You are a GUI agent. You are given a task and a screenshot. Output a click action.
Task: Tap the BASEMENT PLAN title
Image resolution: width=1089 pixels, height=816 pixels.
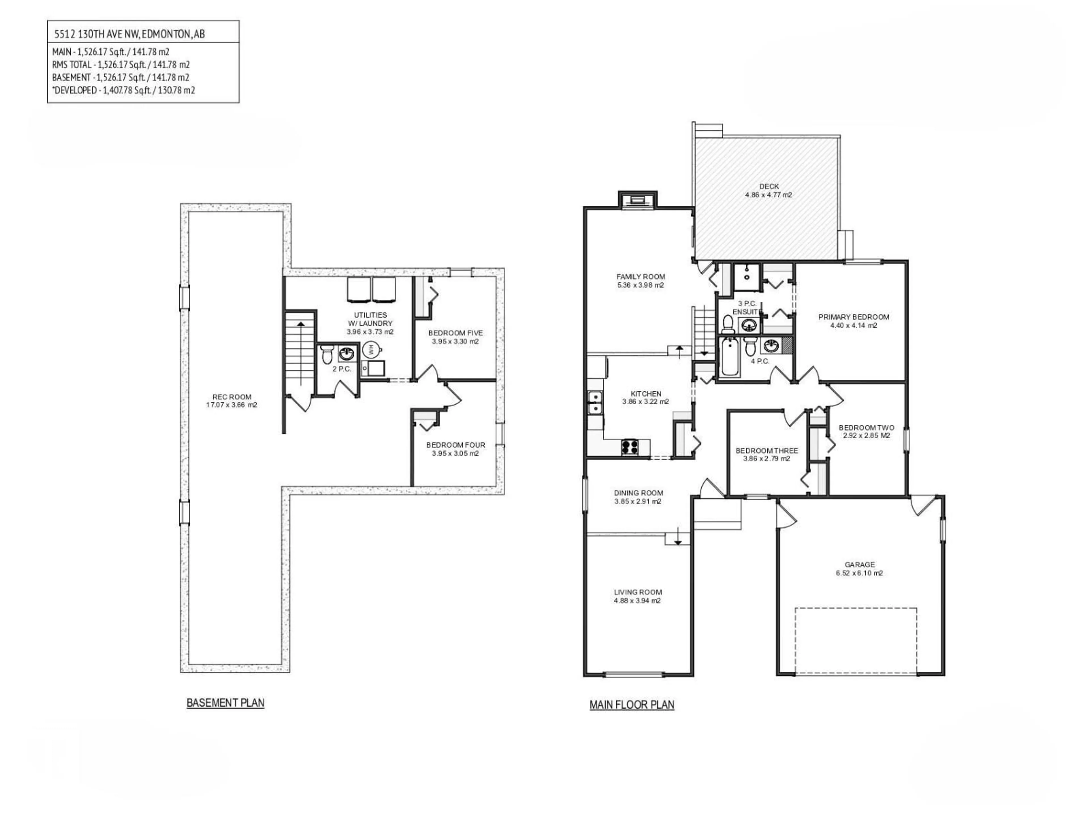click(x=225, y=703)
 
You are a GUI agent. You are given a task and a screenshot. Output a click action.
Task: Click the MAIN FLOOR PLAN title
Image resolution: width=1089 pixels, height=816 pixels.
click(x=632, y=705)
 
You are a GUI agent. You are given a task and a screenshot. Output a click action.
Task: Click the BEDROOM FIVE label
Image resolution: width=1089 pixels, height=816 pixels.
click(x=455, y=333)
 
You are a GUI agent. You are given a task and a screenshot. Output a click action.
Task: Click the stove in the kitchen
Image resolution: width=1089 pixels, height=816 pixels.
click(x=630, y=447)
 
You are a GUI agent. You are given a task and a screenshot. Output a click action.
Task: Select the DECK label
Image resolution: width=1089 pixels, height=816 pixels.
click(x=769, y=186)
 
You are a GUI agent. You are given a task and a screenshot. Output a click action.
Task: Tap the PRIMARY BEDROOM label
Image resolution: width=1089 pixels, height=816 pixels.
click(x=854, y=317)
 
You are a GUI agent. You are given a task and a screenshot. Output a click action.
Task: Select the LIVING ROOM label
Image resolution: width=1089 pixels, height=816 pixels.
click(x=638, y=592)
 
